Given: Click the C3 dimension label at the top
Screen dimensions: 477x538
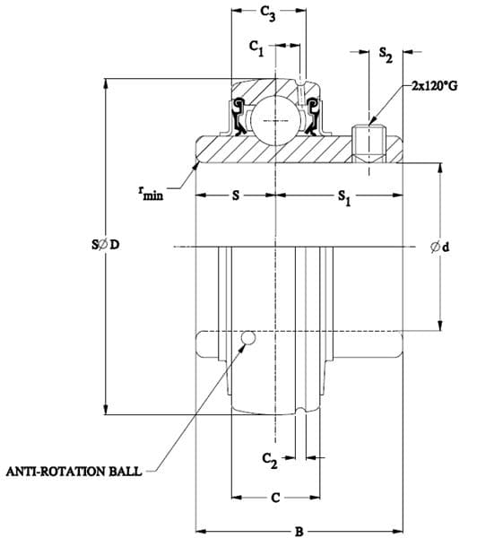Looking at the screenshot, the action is point(268,13).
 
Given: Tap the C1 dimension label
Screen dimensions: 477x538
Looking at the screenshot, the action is point(256,48).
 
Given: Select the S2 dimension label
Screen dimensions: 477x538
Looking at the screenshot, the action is point(386,56).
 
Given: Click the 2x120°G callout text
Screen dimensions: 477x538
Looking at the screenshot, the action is point(435,86).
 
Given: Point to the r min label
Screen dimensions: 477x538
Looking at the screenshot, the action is point(151,193).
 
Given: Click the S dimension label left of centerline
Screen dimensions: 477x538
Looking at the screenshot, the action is point(236,195).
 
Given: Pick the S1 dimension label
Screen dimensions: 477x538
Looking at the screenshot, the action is point(344,198).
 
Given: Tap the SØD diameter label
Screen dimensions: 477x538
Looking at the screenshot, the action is point(105,245).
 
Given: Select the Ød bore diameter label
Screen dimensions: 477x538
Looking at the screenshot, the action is point(439,247).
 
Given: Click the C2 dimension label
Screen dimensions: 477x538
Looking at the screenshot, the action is point(269,461).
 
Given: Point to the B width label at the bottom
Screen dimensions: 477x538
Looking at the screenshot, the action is point(299,532).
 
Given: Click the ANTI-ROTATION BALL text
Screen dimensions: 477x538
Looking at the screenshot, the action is point(74,471).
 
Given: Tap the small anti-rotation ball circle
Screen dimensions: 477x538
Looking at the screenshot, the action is point(248,338).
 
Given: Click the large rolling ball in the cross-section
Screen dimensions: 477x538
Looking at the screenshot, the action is point(273,120).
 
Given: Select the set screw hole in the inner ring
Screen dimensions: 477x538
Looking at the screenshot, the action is point(369,144).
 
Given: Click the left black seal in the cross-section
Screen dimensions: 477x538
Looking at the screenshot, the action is point(238,117).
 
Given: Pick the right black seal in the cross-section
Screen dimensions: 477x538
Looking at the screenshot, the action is point(312,117).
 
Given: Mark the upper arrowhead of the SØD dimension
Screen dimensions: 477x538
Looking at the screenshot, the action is point(106,83).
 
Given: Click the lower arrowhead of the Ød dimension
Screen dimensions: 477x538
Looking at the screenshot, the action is point(440,325).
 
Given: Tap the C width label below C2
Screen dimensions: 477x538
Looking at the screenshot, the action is point(275,497).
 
